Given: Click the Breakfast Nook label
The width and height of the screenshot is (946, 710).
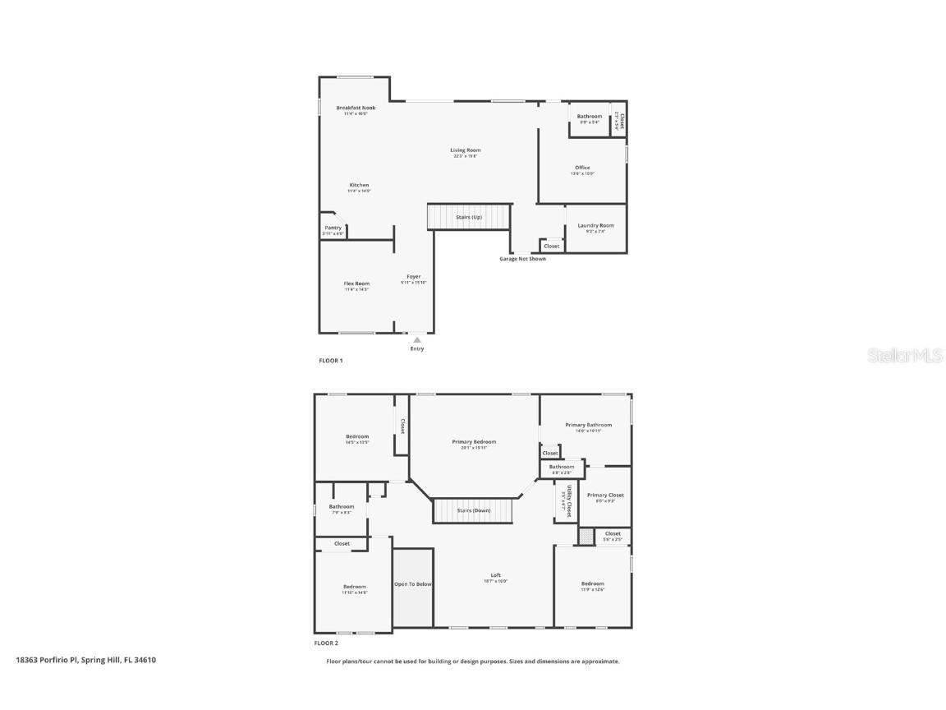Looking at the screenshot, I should (356, 108).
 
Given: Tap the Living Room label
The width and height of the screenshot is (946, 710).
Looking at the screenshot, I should (465, 150).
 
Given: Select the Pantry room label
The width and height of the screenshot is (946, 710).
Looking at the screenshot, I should (333, 228).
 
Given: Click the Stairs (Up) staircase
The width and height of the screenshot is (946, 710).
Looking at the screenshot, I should (469, 217).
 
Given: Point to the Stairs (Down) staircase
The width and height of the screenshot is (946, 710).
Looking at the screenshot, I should (472, 510).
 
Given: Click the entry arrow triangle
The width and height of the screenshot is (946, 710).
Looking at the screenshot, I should (417, 339).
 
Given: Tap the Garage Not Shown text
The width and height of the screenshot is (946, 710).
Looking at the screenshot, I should (522, 259).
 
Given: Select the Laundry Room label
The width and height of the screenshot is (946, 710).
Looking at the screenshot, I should (595, 226).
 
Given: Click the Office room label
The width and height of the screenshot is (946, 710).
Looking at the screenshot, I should (582, 168).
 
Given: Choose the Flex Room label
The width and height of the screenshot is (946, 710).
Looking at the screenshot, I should (356, 284).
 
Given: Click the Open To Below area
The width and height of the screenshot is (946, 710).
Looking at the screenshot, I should (412, 584).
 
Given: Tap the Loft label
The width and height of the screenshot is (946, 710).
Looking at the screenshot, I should (495, 575).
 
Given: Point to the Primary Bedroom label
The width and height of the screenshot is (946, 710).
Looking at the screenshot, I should (474, 442).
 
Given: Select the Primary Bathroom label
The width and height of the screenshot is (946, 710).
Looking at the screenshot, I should (588, 425).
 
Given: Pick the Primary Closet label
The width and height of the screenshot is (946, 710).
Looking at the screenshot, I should (605, 496).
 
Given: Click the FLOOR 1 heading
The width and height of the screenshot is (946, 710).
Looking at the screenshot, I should (331, 361).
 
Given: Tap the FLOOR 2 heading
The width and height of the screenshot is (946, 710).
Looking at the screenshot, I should (326, 643).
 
